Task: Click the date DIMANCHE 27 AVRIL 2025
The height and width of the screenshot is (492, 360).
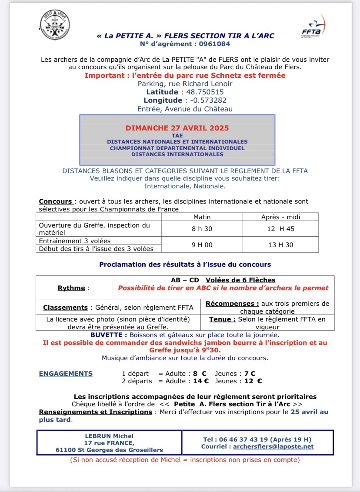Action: click(177, 128)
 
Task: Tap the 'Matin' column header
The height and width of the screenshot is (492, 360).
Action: click(202, 217)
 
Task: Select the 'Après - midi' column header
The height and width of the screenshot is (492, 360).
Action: click(280, 217)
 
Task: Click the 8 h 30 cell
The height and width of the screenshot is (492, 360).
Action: click(202, 228)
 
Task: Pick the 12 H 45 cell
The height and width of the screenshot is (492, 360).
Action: click(280, 228)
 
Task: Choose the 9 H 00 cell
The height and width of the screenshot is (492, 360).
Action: click(202, 245)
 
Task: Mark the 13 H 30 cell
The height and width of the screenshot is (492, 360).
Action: click(280, 245)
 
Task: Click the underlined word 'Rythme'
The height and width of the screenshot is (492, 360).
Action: click(71, 288)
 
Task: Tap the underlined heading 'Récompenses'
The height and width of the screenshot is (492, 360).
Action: click(232, 304)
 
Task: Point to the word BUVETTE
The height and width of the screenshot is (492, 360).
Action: click(108, 335)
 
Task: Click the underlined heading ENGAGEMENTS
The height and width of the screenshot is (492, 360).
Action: click(66, 373)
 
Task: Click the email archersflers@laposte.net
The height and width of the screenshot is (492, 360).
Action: click(273, 446)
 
